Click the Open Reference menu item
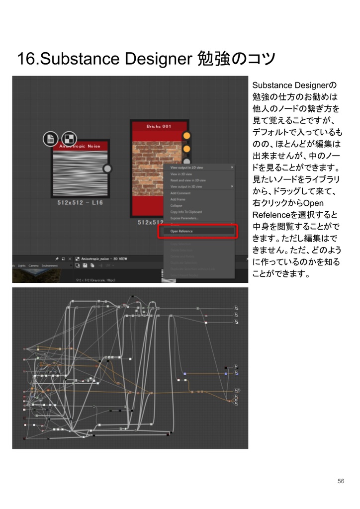pyautogui.click(x=182, y=231)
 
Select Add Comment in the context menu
pyautogui.click(x=180, y=193)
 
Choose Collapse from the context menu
pyautogui.click(x=177, y=205)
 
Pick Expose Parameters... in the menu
pyautogui.click(x=184, y=218)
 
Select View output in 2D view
pyautogui.click(x=187, y=168)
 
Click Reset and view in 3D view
pyautogui.click(x=188, y=180)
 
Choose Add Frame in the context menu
pyautogui.click(x=178, y=199)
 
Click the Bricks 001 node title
pyautogui.click(x=159, y=127)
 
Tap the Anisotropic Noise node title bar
pyautogui.click(x=80, y=147)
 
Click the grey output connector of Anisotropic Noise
pyautogui.click(x=107, y=169)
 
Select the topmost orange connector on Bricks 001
pyautogui.click(x=186, y=136)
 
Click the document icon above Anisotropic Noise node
pyautogui.click(x=50, y=139)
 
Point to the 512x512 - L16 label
pyautogui.click(x=80, y=203)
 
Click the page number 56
pyautogui.click(x=341, y=481)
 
